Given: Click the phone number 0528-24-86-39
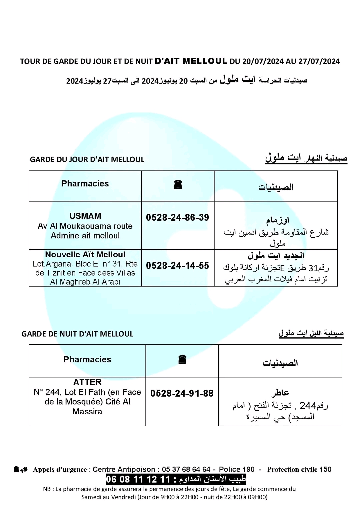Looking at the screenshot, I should pos(177,217).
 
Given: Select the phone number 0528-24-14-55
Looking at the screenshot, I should pos(177,265).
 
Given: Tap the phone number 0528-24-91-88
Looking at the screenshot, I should pos(182,393).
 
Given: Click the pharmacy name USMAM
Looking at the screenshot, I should pos(85,216).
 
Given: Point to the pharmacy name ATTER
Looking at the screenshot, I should pos(87,382).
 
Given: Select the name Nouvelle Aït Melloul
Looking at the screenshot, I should pos(85,254).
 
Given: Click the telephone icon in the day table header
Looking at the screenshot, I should pos(178,184).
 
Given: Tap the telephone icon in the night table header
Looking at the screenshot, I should pos(182,360).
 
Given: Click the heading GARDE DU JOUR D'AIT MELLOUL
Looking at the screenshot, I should pos(87,159).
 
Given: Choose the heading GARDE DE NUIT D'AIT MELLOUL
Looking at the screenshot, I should pos(77,334).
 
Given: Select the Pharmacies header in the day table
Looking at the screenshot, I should pos(85,184).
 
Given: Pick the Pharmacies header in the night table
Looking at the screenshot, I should pos(87,359).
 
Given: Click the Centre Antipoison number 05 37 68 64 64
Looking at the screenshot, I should pos(186,469).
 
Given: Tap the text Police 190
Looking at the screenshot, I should pos(237,469).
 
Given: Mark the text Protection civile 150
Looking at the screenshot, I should pos(299,469).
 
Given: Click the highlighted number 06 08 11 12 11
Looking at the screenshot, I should pos(138,479).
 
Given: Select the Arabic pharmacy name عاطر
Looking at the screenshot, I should pos(280,393).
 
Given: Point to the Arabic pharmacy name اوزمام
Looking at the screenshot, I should pos(277,220).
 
